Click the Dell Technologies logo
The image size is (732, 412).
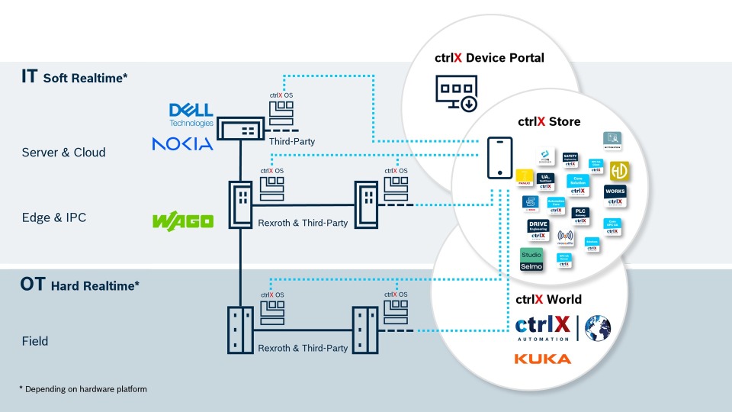[x=191, y=114]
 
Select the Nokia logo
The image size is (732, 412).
[x=182, y=143]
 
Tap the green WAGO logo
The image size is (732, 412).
[x=183, y=221]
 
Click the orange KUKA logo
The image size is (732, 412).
[x=542, y=359]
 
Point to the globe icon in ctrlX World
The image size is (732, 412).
[x=598, y=327]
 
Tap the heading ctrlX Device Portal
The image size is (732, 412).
[x=490, y=58]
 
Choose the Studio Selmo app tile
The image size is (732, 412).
[x=531, y=259]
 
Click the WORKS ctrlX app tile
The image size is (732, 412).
[x=615, y=195]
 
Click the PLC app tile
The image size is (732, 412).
[x=580, y=215]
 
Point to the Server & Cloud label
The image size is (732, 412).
[x=63, y=153]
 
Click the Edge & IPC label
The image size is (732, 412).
[x=53, y=217]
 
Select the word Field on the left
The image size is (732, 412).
[x=34, y=341]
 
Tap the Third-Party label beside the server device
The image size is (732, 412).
[x=291, y=141]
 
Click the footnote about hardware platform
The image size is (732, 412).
[x=82, y=389]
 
